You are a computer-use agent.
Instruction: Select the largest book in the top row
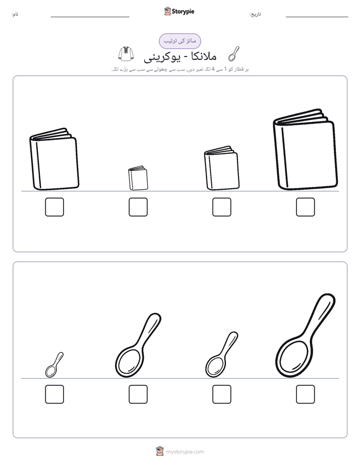[306, 149]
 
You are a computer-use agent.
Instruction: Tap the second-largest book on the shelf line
[54, 159]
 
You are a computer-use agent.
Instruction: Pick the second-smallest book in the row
[221, 168]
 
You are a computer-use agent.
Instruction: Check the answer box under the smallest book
[138, 207]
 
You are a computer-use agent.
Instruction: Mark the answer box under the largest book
[306, 207]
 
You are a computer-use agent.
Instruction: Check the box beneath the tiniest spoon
[54, 394]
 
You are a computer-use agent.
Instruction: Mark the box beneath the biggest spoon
[306, 394]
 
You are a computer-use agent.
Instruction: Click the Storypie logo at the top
[179, 11]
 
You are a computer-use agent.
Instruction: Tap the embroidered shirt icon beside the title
[126, 54]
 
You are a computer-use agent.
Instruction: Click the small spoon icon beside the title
[234, 54]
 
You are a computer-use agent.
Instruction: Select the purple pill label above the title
[180, 41]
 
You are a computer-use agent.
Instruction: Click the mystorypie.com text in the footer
[185, 452]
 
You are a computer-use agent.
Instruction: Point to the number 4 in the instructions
[213, 69]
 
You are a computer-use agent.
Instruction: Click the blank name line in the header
[90, 17]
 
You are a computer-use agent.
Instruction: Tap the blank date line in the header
[317, 17]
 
